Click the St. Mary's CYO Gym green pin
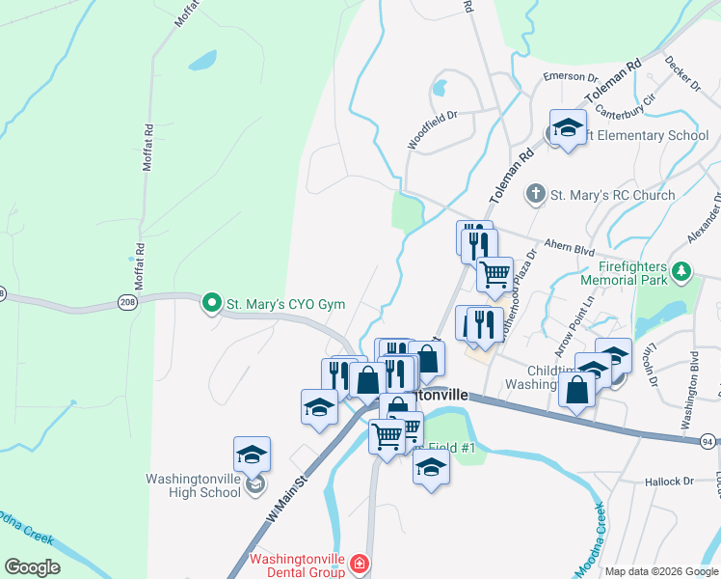211,303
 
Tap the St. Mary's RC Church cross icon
536,195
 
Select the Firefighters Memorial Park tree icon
681,270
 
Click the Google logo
32,566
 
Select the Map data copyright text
661,571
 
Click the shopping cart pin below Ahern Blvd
494,274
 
